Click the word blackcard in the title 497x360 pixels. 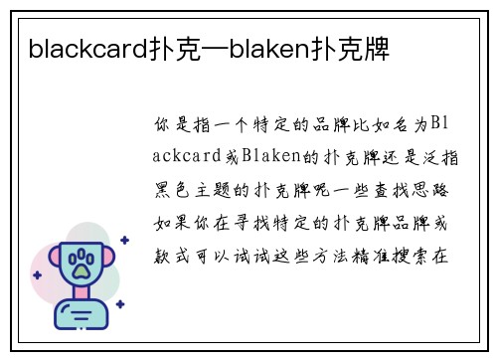(x=87, y=47)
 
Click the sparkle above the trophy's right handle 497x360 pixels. (x=123, y=240)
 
